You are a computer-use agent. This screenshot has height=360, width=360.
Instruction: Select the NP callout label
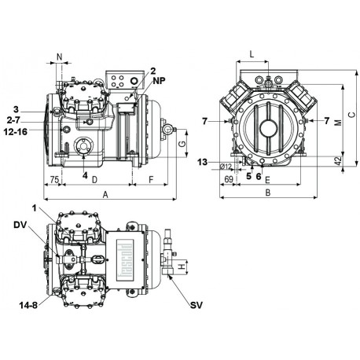[159, 80]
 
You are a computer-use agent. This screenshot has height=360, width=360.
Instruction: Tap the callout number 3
[15, 108]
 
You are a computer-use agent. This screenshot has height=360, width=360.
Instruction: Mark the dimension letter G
[182, 145]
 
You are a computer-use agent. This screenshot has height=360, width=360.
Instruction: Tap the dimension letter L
[251, 54]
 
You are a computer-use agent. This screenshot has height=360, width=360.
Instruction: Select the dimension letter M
[337, 123]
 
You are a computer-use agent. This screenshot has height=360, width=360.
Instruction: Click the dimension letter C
[351, 114]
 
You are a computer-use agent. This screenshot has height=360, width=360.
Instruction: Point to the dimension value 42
[337, 160]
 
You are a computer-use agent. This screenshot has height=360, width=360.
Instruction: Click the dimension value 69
[230, 180]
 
